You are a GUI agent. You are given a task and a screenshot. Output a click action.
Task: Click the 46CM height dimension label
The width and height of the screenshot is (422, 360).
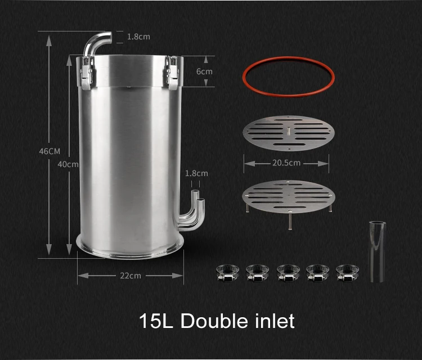[49, 151]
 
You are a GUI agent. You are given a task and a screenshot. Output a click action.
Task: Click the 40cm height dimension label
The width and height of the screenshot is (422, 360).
[68, 164]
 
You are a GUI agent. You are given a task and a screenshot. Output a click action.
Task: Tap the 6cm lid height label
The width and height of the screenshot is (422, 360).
[204, 71]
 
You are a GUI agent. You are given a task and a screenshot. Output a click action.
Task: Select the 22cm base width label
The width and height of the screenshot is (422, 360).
[130, 275]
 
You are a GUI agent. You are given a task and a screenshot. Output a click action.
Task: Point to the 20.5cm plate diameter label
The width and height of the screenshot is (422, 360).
[286, 163]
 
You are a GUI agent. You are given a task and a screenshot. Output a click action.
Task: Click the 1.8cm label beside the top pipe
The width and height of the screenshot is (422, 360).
[138, 37]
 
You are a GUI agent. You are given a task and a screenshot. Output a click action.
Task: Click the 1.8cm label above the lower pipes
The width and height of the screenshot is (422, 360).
[196, 173]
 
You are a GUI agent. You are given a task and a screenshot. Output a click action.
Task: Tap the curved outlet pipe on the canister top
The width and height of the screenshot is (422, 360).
[97, 43]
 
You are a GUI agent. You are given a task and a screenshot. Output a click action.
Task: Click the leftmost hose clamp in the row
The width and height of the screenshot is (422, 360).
[228, 272]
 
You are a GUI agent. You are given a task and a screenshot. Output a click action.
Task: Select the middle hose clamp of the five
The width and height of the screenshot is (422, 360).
[288, 272]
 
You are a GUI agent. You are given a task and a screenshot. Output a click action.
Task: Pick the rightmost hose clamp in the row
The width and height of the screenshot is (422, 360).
[348, 272]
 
